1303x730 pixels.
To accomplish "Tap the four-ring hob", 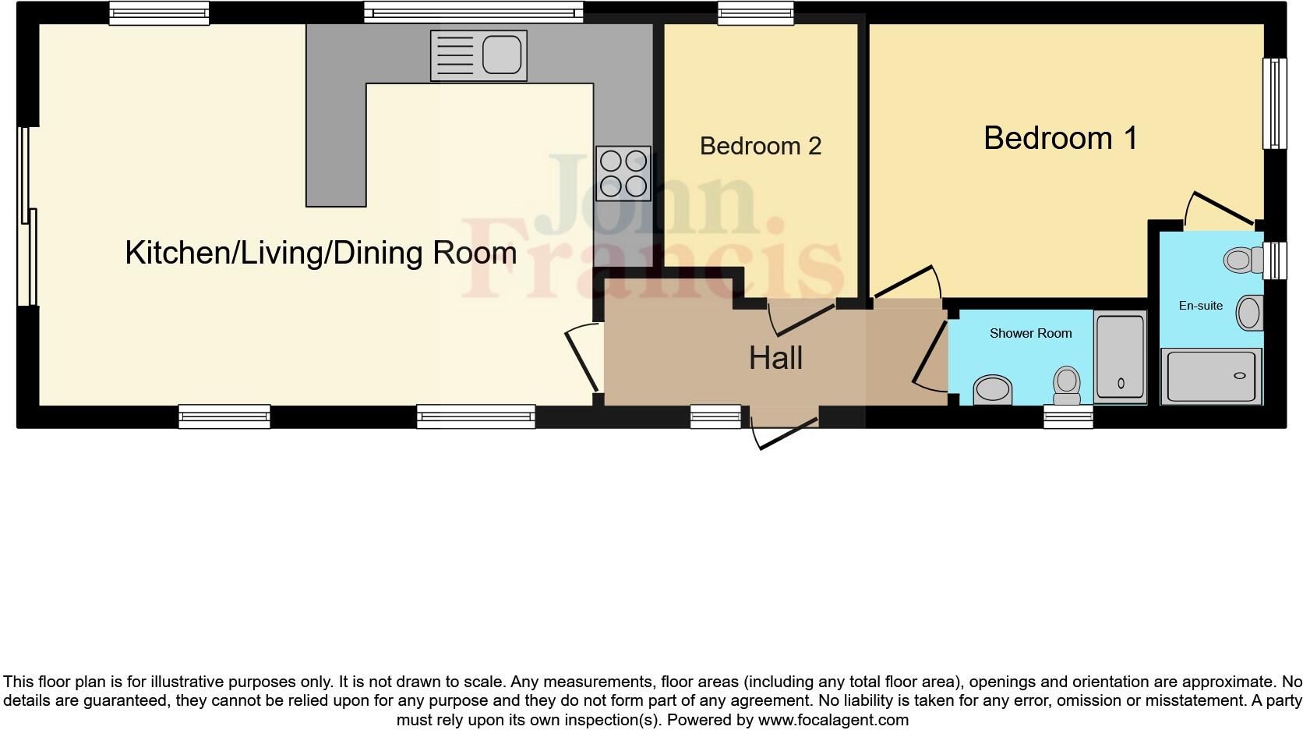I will point(623,173).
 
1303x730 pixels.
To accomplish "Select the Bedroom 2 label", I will point(761,146).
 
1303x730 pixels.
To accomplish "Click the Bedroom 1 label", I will point(1061,138).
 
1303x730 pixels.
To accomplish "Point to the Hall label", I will point(775,358).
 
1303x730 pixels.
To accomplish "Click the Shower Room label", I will point(1030,333).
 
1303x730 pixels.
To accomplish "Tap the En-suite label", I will point(1200,306).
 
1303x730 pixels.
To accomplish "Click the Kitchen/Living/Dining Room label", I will point(320,253).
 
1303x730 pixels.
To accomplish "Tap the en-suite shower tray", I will point(1211,377).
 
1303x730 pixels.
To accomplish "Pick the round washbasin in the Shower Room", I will point(993,389).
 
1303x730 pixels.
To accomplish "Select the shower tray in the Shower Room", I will point(1120,357).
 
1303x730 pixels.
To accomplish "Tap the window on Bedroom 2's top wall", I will point(755,12).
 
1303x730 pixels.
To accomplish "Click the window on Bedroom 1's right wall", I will point(1274,103).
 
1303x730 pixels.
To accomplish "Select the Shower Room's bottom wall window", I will point(1068,417).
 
